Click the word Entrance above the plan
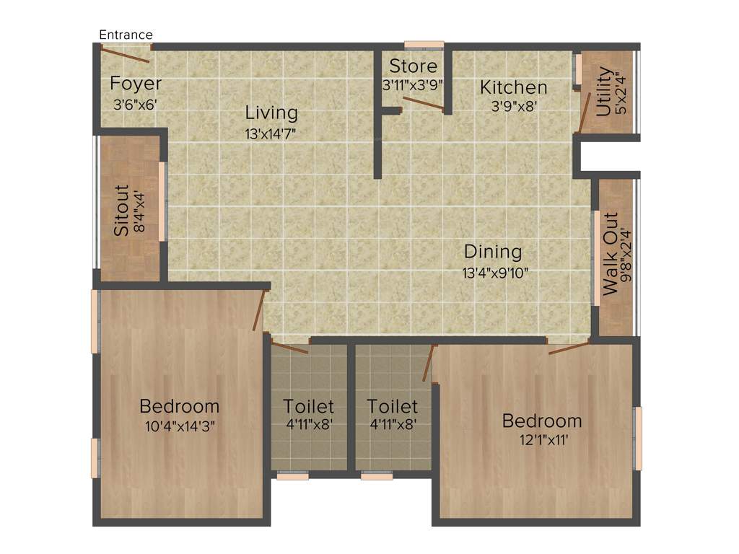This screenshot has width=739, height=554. pyautogui.click(x=126, y=35)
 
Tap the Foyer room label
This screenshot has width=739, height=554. pyautogui.click(x=136, y=84)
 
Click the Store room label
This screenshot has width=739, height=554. pyautogui.click(x=413, y=66)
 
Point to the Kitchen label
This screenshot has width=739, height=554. pyautogui.click(x=514, y=88)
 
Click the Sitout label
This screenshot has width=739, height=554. pyautogui.click(x=122, y=211)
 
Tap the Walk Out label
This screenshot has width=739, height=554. pyautogui.click(x=611, y=253)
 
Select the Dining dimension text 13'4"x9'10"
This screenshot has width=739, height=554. pyautogui.click(x=496, y=273)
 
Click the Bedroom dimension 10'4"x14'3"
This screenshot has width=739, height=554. pyautogui.click(x=180, y=426)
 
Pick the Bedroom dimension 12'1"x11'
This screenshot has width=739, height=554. pyautogui.click(x=541, y=440)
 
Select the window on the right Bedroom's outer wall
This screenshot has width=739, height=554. pyautogui.click(x=638, y=439)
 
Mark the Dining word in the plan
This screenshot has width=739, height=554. pyautogui.click(x=493, y=252)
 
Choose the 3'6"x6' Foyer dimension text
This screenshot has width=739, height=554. pyautogui.click(x=135, y=104)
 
